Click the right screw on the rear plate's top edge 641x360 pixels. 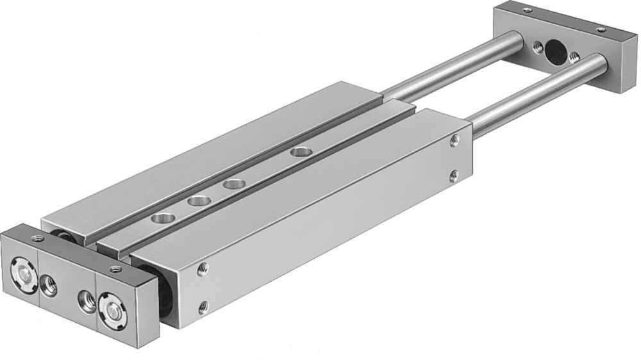[x=601, y=29]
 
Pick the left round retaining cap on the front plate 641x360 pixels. [x=24, y=268]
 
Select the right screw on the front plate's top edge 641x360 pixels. [x=115, y=267]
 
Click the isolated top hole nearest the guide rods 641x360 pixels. [x=298, y=152]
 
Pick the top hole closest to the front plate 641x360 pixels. [x=157, y=220]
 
